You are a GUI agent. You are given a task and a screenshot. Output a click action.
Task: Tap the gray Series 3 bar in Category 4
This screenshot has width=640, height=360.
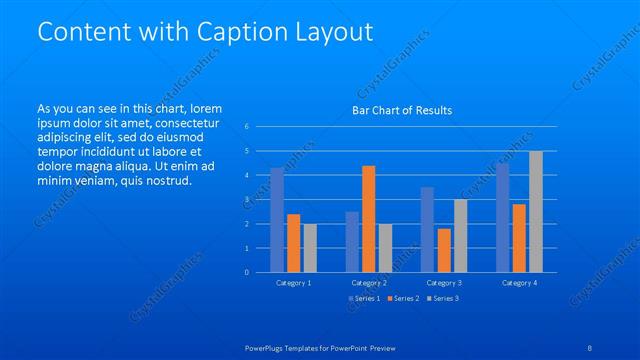pos(536,211)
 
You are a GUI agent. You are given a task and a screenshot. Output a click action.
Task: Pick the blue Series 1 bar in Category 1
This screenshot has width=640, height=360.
pos(277,219)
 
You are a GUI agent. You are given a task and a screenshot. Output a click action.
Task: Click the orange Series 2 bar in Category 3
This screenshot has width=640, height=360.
pos(444,250)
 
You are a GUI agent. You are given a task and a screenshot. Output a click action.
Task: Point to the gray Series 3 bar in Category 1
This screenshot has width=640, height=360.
pos(310,247)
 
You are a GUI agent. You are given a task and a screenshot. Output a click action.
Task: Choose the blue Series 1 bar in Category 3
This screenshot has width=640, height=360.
pos(427,229)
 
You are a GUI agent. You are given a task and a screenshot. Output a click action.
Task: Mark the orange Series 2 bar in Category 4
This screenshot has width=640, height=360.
pos(519,237)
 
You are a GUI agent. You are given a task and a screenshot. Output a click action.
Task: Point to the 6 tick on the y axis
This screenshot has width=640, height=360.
pos(246,127)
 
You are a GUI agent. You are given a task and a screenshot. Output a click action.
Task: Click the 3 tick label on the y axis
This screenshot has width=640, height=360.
pos(246,199)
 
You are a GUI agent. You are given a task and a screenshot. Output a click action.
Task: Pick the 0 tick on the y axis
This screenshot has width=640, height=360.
pos(246,272)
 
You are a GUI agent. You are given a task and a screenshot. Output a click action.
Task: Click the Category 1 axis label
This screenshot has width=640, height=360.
pos(293,283)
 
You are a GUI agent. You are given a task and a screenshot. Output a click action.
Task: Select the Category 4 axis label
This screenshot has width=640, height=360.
pos(519,283)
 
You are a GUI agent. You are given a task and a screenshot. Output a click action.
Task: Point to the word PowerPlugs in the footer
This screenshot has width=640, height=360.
pos(268,348)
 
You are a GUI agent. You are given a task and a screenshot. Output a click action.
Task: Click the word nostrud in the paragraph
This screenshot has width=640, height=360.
pos(165,180)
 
